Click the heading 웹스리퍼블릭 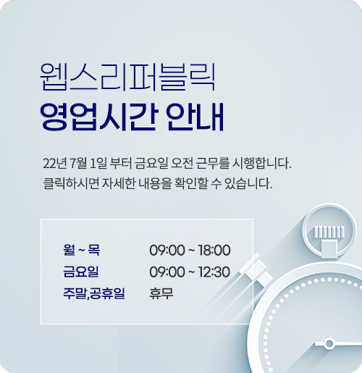pyautogui.click(x=127, y=77)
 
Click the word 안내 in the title pyautogui.click(x=195, y=117)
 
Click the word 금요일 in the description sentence pyautogui.click(x=151, y=164)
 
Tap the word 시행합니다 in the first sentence pyautogui.click(x=261, y=164)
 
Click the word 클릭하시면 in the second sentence pyautogui.click(x=71, y=183)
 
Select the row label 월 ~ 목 pyautogui.click(x=81, y=250)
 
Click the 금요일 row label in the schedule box pyautogui.click(x=81, y=272)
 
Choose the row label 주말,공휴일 pyautogui.click(x=94, y=293)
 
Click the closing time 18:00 pyautogui.click(x=214, y=250)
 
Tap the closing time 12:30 pyautogui.click(x=214, y=272)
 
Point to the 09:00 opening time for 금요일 pyautogui.click(x=167, y=272)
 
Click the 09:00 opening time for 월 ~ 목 pyautogui.click(x=167, y=250)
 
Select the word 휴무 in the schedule pyautogui.click(x=161, y=293)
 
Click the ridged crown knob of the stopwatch pyautogui.click(x=329, y=232)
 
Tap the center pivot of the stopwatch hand pyautogui.click(x=329, y=343)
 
